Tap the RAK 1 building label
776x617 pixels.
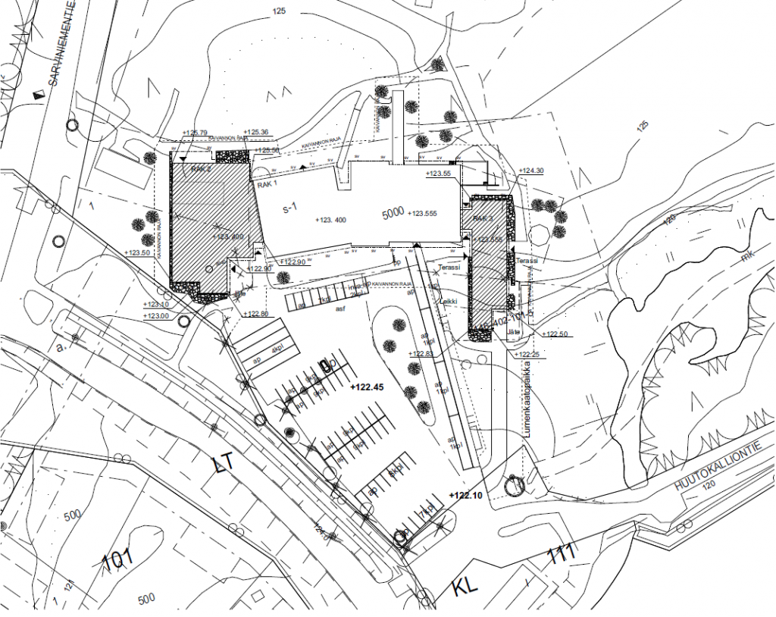coord(266,183)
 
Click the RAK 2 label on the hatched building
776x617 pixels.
coord(202,169)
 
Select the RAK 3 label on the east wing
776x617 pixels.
coord(483,219)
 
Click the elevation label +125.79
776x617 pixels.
coord(195,133)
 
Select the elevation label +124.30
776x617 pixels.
coord(531,171)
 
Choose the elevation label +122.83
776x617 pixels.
coord(421,354)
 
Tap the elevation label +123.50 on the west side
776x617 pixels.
coord(137,252)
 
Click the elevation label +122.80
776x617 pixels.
coord(256,314)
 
